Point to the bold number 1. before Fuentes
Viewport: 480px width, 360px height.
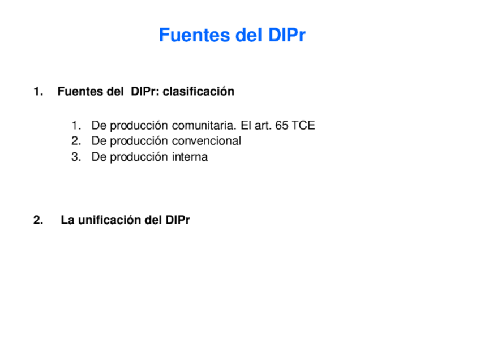pyautogui.click(x=38, y=91)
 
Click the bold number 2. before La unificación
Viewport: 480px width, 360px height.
pyautogui.click(x=38, y=220)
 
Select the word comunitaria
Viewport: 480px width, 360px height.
pyautogui.click(x=204, y=125)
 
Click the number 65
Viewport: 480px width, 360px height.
pyautogui.click(x=282, y=125)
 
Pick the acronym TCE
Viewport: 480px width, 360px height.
pyautogui.click(x=303, y=125)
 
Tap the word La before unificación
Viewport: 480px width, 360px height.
pyautogui.click(x=67, y=220)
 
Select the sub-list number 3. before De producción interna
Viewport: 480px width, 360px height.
pyautogui.click(x=76, y=157)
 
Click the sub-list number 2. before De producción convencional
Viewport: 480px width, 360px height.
pyautogui.click(x=76, y=141)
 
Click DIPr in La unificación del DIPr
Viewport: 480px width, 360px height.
pyautogui.click(x=178, y=220)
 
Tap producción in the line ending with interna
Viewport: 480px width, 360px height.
pyautogui.click(x=138, y=157)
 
